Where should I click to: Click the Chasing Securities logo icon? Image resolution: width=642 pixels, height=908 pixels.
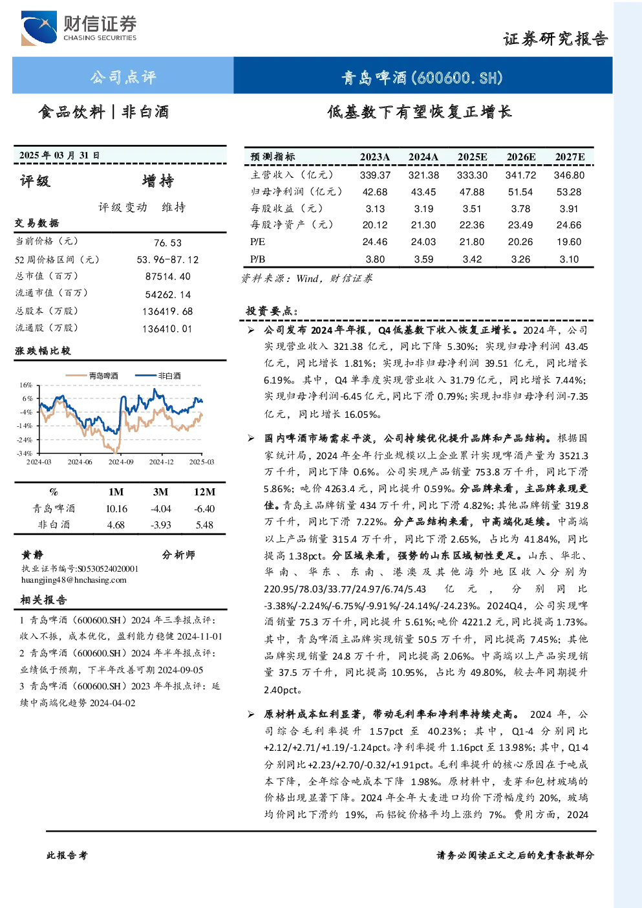point(39,28)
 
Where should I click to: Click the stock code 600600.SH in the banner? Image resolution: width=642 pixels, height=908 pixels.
point(457,78)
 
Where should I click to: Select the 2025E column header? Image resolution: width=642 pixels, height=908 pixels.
point(472,157)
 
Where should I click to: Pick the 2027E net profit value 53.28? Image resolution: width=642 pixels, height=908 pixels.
point(569,191)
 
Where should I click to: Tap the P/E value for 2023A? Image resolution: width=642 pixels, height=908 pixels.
point(375,242)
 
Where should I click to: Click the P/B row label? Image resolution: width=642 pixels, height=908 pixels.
point(258,259)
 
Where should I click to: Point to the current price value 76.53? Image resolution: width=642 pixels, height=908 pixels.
point(168,243)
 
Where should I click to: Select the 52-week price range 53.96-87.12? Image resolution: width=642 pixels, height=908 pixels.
point(168,260)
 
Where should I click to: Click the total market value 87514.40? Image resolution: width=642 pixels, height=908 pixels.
point(168,277)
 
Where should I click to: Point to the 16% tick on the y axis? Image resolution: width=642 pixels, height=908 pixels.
point(26,385)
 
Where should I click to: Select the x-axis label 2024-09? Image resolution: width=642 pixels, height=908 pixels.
point(121,462)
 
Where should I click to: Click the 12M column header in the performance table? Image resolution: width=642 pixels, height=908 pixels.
point(205,492)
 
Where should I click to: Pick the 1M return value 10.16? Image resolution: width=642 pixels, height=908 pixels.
point(117,509)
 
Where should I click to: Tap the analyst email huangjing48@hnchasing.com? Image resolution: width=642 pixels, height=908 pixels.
point(74,580)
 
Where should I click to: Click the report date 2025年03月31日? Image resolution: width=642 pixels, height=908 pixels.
point(59,155)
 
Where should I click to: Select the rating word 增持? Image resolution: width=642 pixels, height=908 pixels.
point(158,181)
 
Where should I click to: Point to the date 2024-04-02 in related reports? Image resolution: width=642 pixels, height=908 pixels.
point(112,703)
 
